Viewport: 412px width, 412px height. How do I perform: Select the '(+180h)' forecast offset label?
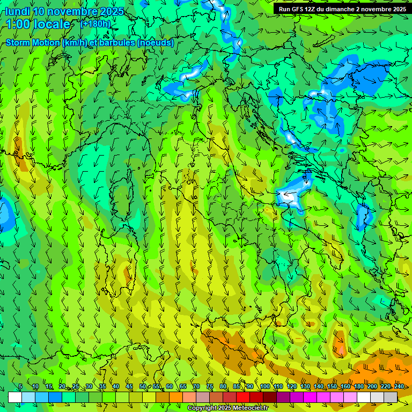(95, 24)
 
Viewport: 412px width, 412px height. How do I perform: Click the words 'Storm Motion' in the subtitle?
(33, 43)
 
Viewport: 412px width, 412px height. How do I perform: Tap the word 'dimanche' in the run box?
(338, 9)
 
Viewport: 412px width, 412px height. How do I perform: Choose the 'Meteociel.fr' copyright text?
(249, 408)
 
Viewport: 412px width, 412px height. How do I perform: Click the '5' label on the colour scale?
(20, 386)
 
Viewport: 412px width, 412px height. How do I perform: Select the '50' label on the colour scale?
(143, 386)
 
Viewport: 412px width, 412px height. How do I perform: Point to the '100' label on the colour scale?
(264, 386)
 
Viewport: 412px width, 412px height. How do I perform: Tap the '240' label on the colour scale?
(399, 386)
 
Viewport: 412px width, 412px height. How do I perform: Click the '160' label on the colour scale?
(345, 386)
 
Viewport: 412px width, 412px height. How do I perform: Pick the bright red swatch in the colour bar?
(243, 397)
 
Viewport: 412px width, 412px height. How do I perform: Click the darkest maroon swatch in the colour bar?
(270, 397)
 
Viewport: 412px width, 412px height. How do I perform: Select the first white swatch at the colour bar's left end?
(15, 397)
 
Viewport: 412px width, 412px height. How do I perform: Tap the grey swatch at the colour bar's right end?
(391, 397)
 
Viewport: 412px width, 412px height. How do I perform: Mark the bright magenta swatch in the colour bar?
(310, 397)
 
